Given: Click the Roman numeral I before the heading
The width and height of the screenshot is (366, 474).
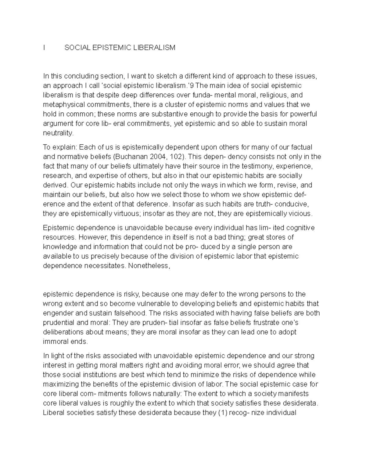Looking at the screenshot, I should (x=44, y=48).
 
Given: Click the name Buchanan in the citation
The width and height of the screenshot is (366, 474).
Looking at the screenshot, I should (x=127, y=157).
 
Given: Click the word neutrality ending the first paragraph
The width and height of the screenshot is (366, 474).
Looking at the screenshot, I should (x=58, y=133).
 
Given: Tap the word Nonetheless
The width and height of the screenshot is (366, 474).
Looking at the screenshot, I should (x=149, y=266).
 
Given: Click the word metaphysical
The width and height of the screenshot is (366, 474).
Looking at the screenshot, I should (x=64, y=105).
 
